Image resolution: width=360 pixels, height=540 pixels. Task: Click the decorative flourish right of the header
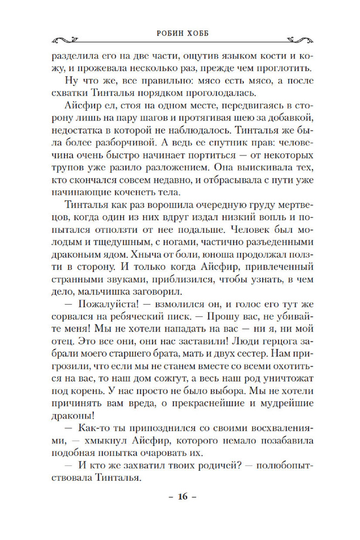pyautogui.click(x=282, y=38)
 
